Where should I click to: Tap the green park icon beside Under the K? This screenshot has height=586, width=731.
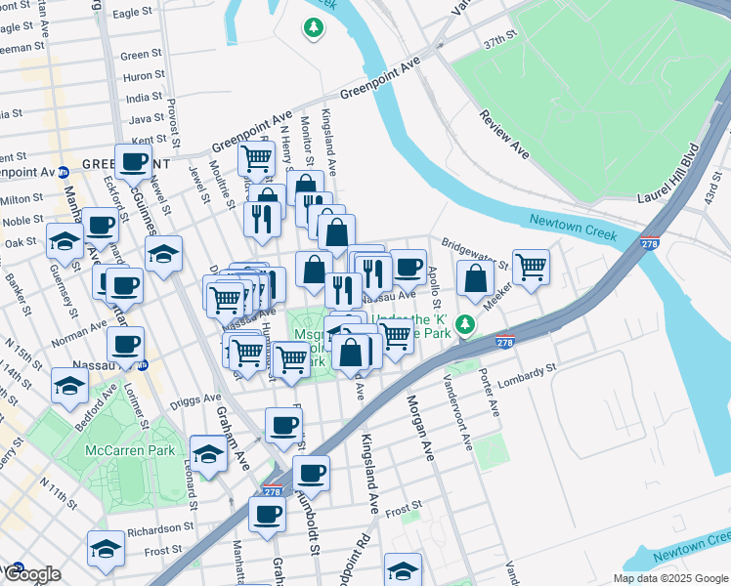point(468,323)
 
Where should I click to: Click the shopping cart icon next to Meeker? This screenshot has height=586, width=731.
point(531,265)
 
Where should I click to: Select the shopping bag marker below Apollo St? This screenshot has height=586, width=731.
point(474,277)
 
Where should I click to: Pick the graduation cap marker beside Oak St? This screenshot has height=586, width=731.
point(64,240)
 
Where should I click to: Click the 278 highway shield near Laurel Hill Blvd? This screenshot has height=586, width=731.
point(650,242)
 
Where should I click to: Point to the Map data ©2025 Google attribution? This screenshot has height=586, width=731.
point(669,578)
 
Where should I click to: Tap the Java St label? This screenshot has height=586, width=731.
point(148,119)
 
